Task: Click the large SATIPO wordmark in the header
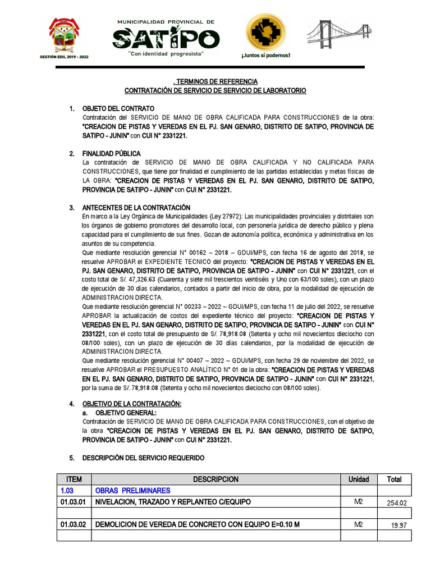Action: (x=166, y=38)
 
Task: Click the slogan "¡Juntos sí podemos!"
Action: (x=265, y=56)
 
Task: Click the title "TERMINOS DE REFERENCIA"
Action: (x=216, y=81)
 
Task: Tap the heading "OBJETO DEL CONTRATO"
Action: (x=118, y=108)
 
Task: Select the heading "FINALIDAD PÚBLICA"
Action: (x=112, y=153)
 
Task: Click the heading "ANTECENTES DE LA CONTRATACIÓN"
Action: (x=136, y=208)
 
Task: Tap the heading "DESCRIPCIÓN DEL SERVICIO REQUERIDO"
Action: (x=143, y=458)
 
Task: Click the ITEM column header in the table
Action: (x=74, y=480)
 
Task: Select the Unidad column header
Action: (x=359, y=480)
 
